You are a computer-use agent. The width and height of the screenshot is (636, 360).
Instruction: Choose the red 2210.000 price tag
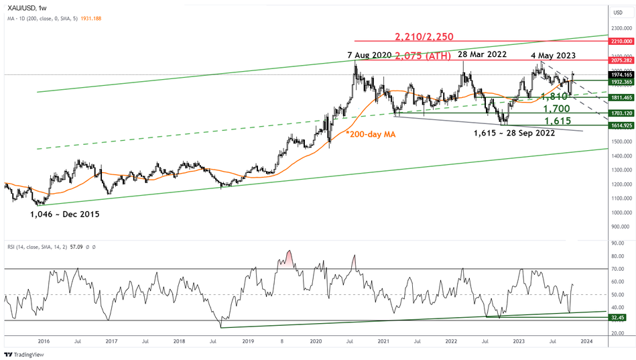(x=621, y=41)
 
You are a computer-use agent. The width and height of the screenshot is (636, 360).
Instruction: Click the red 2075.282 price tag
(x=621, y=60)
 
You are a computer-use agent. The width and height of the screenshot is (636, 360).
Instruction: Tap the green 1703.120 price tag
(x=621, y=113)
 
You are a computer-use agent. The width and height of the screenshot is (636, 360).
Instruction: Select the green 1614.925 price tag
(x=621, y=125)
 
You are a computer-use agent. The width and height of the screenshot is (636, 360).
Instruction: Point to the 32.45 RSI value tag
(x=619, y=317)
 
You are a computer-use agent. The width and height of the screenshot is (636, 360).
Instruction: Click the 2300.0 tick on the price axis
(x=621, y=28)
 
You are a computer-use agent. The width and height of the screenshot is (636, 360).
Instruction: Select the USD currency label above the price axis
(x=617, y=12)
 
